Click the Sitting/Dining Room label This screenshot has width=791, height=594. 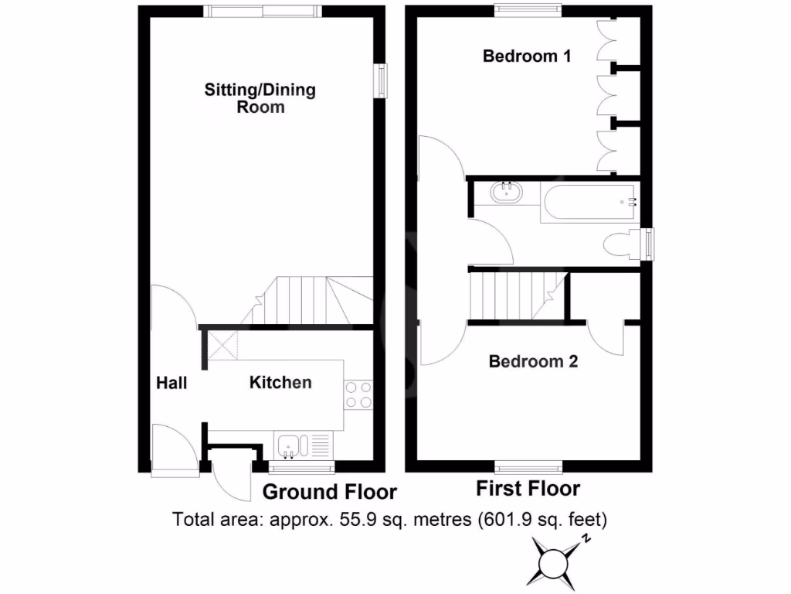pyautogui.click(x=260, y=98)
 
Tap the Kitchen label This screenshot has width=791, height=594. pyautogui.click(x=280, y=382)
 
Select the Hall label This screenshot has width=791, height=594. pyautogui.click(x=171, y=382)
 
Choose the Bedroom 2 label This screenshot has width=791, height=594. pyautogui.click(x=533, y=361)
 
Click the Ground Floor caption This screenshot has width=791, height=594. pyautogui.click(x=330, y=492)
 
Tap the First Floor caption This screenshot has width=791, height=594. pyautogui.click(x=528, y=489)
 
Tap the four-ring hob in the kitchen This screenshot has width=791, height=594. pyautogui.click(x=358, y=394)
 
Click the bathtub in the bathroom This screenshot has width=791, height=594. pyautogui.click(x=589, y=203)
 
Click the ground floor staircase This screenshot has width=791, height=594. pyautogui.click(x=301, y=302)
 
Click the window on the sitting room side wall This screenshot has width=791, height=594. pyautogui.click(x=382, y=81)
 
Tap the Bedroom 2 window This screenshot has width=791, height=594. pyautogui.click(x=528, y=466)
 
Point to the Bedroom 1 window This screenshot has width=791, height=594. pyautogui.click(x=528, y=9)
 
